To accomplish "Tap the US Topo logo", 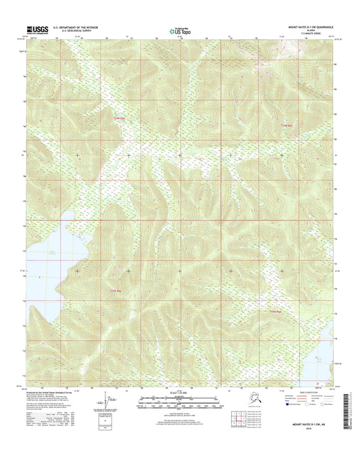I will (180, 30).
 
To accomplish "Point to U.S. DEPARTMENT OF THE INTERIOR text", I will (69, 27).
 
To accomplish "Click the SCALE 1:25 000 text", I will (180, 392).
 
